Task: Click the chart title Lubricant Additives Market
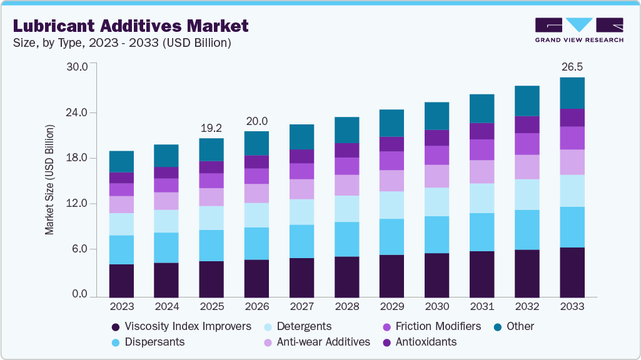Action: pos(131,26)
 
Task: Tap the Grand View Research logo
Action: pos(579,29)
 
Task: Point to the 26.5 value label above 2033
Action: pos(572,66)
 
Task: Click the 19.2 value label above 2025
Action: pos(211,127)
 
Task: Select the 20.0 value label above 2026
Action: pos(256,121)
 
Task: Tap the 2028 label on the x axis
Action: pos(346,307)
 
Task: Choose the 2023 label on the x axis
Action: pos(121,307)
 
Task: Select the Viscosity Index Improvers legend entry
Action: pos(181,326)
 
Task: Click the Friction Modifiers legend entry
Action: pos(432,326)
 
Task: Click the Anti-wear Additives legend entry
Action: pos(316,342)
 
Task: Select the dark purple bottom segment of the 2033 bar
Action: pos(572,272)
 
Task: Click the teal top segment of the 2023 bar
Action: pos(121,161)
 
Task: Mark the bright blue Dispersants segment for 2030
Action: pos(437,234)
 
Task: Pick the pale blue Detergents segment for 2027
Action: pos(301,212)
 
